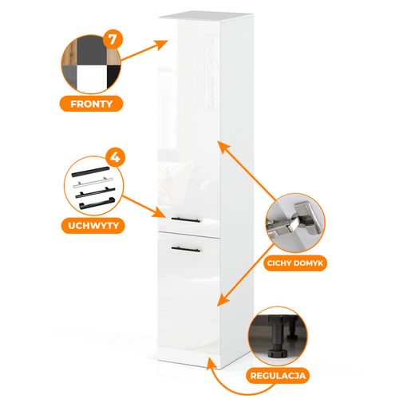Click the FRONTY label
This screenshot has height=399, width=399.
tap(91, 104)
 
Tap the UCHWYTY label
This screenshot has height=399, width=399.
tap(93, 226)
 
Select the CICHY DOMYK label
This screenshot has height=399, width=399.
tap(295, 263)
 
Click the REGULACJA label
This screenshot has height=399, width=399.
tap(278, 376)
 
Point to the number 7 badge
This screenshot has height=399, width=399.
tap(113, 40)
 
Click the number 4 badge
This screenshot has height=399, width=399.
tap(115, 158)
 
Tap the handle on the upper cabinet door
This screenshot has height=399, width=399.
tap(186, 219)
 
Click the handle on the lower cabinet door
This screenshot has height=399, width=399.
tap(186, 249)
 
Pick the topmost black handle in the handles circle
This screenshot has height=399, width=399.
tap(90, 172)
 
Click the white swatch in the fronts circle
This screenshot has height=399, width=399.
tap(91, 77)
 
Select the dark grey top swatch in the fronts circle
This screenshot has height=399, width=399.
tap(92, 51)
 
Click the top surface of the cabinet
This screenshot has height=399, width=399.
tap(206, 16)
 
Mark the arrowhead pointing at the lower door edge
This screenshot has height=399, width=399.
tap(224, 299)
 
